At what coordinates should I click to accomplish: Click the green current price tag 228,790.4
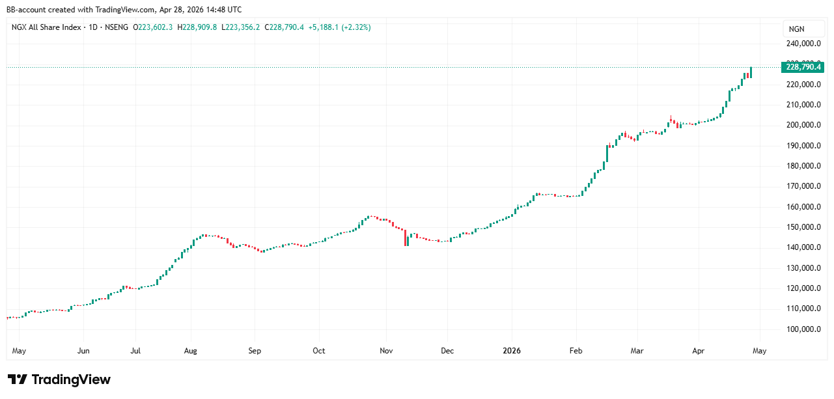[x=804, y=66]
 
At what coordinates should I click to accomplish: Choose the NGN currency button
[x=796, y=29]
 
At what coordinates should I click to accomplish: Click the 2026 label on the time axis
[x=512, y=351]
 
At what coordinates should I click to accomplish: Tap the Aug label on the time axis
[x=190, y=351]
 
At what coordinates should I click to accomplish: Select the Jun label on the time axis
[x=83, y=351]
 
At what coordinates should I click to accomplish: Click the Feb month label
[x=576, y=351]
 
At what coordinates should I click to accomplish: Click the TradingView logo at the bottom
[x=59, y=379]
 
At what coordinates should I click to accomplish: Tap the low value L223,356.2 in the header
[x=241, y=27]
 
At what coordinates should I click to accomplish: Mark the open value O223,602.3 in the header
[x=153, y=27]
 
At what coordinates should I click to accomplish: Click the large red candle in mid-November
[x=406, y=238]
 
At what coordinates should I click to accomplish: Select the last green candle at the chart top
[x=751, y=72]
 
